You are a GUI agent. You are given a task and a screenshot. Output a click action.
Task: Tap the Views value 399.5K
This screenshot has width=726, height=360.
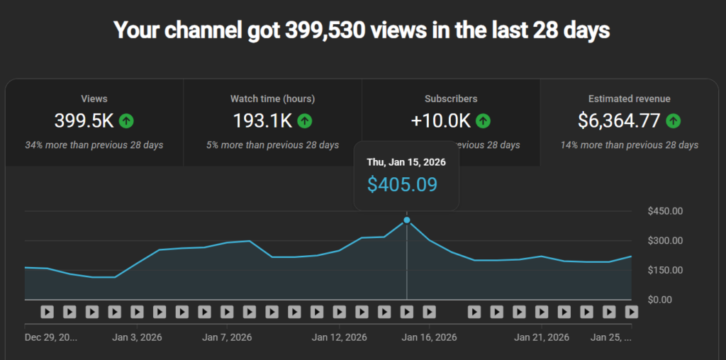click(x=84, y=121)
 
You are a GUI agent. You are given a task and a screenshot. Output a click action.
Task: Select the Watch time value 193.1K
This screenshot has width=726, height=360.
click(x=262, y=121)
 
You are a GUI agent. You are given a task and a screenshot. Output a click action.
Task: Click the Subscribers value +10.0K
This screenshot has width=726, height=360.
click(x=440, y=121)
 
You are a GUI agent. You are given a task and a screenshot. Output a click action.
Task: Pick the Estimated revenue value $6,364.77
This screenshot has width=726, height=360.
click(x=618, y=121)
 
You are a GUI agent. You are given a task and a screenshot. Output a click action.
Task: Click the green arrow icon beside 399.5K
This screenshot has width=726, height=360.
click(x=126, y=121)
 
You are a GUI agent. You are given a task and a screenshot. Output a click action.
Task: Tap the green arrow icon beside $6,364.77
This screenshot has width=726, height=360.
click(x=674, y=121)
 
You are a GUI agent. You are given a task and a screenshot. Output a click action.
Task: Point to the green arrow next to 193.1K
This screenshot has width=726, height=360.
click(x=305, y=121)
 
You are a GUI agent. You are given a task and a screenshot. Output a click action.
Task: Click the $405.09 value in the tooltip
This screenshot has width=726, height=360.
click(x=402, y=185)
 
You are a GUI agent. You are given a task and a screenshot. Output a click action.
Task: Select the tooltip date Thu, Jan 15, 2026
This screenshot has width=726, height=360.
click(x=406, y=162)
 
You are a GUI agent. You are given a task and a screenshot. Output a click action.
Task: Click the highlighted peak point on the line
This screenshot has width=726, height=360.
click(x=407, y=220)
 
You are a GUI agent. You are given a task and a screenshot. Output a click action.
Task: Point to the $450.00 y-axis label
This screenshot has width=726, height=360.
click(x=665, y=211)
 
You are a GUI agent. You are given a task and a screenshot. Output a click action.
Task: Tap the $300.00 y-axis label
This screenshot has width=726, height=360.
click(x=665, y=241)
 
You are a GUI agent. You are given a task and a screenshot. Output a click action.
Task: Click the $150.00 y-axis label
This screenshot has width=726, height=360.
click(x=665, y=270)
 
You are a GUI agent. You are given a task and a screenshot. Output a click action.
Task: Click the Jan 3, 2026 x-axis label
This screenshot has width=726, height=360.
click(x=137, y=337)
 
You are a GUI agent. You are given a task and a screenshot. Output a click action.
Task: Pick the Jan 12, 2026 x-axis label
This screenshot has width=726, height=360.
click(x=340, y=337)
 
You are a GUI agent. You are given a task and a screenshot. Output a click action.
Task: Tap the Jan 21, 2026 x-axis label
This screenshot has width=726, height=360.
click(x=542, y=337)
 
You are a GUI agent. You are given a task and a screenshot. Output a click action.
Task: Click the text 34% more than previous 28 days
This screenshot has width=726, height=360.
click(x=94, y=145)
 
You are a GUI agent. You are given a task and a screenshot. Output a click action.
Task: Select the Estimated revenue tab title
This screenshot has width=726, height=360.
click(x=629, y=99)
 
